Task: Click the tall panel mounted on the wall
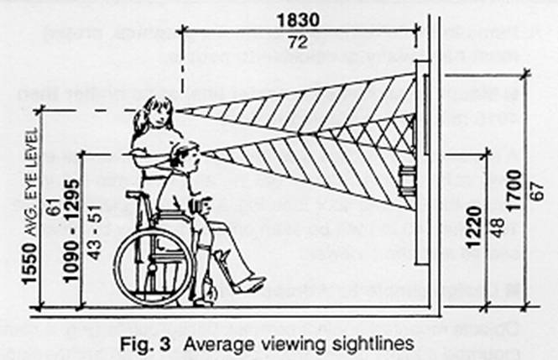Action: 422,113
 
